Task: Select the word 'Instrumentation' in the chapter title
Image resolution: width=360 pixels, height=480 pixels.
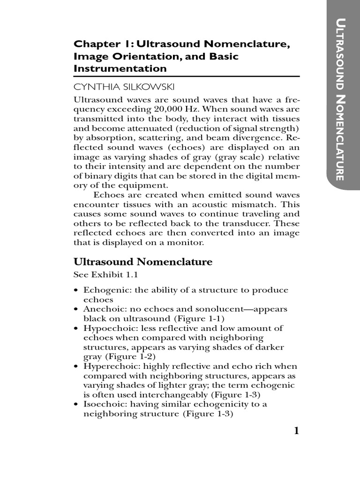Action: pyautogui.click(x=120, y=68)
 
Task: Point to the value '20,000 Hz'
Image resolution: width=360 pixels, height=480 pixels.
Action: pyautogui.click(x=178, y=110)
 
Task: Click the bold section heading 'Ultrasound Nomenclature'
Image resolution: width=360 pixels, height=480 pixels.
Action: pyautogui.click(x=143, y=262)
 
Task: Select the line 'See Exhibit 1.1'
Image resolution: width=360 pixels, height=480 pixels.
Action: pyautogui.click(x=99, y=274)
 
